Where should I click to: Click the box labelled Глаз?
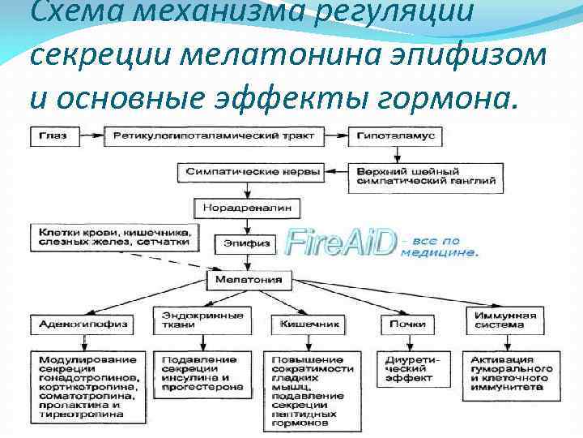[49, 135]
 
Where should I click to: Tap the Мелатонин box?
[249, 280]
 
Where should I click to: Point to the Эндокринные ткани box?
[191, 320]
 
